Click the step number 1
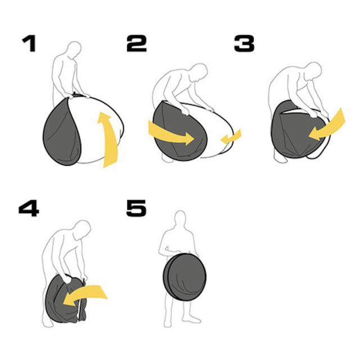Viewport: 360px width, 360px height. (29, 43)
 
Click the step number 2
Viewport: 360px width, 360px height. (136, 43)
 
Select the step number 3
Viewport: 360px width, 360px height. (244, 43)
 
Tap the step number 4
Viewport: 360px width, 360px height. (29, 208)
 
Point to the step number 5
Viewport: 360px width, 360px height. (136, 208)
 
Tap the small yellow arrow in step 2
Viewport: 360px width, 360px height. (231, 137)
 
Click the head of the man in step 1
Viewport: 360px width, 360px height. (75, 49)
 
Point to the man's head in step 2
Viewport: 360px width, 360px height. (199, 72)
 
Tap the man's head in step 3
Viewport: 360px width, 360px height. (313, 70)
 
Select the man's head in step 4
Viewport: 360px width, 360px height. (83, 229)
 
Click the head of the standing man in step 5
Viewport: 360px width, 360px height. (180, 218)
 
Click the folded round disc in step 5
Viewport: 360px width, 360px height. (185, 277)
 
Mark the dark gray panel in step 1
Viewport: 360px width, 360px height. (62, 132)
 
